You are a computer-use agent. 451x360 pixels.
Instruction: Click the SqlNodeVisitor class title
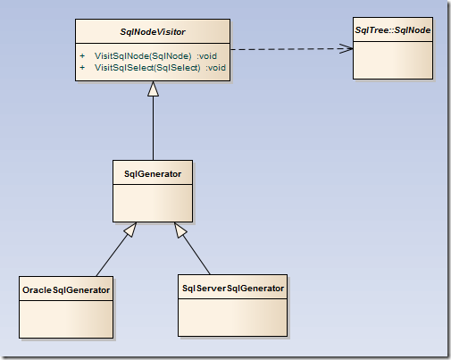153,32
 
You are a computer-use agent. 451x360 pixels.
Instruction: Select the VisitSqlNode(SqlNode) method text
143,56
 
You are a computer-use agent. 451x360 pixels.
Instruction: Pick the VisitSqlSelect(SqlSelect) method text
147,68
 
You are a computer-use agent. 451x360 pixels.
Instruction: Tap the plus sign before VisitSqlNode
82,56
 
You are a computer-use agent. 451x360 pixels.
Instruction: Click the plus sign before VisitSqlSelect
82,68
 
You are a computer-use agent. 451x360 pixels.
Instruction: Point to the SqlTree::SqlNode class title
393,30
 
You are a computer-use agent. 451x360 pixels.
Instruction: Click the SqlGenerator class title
153,174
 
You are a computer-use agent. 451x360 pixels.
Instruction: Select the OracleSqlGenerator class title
66,290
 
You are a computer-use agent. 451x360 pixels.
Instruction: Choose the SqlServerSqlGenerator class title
233,289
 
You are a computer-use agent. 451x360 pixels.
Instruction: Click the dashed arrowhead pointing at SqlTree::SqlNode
347,48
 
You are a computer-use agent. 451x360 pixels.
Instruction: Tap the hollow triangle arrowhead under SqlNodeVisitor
153,88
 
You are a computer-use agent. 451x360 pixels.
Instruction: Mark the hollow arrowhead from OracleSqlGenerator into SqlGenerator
131,230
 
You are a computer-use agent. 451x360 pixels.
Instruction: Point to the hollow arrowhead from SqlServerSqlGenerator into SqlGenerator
180,230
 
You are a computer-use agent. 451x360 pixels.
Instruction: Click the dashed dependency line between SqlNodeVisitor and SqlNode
292,49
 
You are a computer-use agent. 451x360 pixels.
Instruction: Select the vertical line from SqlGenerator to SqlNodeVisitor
154,128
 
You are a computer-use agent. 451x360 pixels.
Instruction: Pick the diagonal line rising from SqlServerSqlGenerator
196,254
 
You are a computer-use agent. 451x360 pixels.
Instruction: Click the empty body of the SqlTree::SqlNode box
393,60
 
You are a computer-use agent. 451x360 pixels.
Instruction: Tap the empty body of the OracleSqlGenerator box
66,319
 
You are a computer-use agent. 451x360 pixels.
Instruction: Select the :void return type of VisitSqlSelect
215,68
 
